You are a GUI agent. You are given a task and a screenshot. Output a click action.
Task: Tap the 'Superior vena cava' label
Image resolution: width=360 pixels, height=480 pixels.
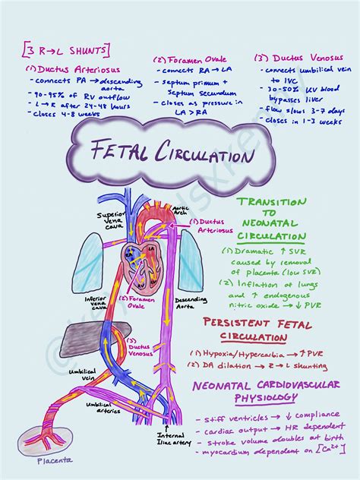click(x=110, y=220)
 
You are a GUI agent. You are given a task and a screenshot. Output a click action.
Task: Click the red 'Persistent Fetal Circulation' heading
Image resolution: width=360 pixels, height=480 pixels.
click(x=258, y=330)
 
